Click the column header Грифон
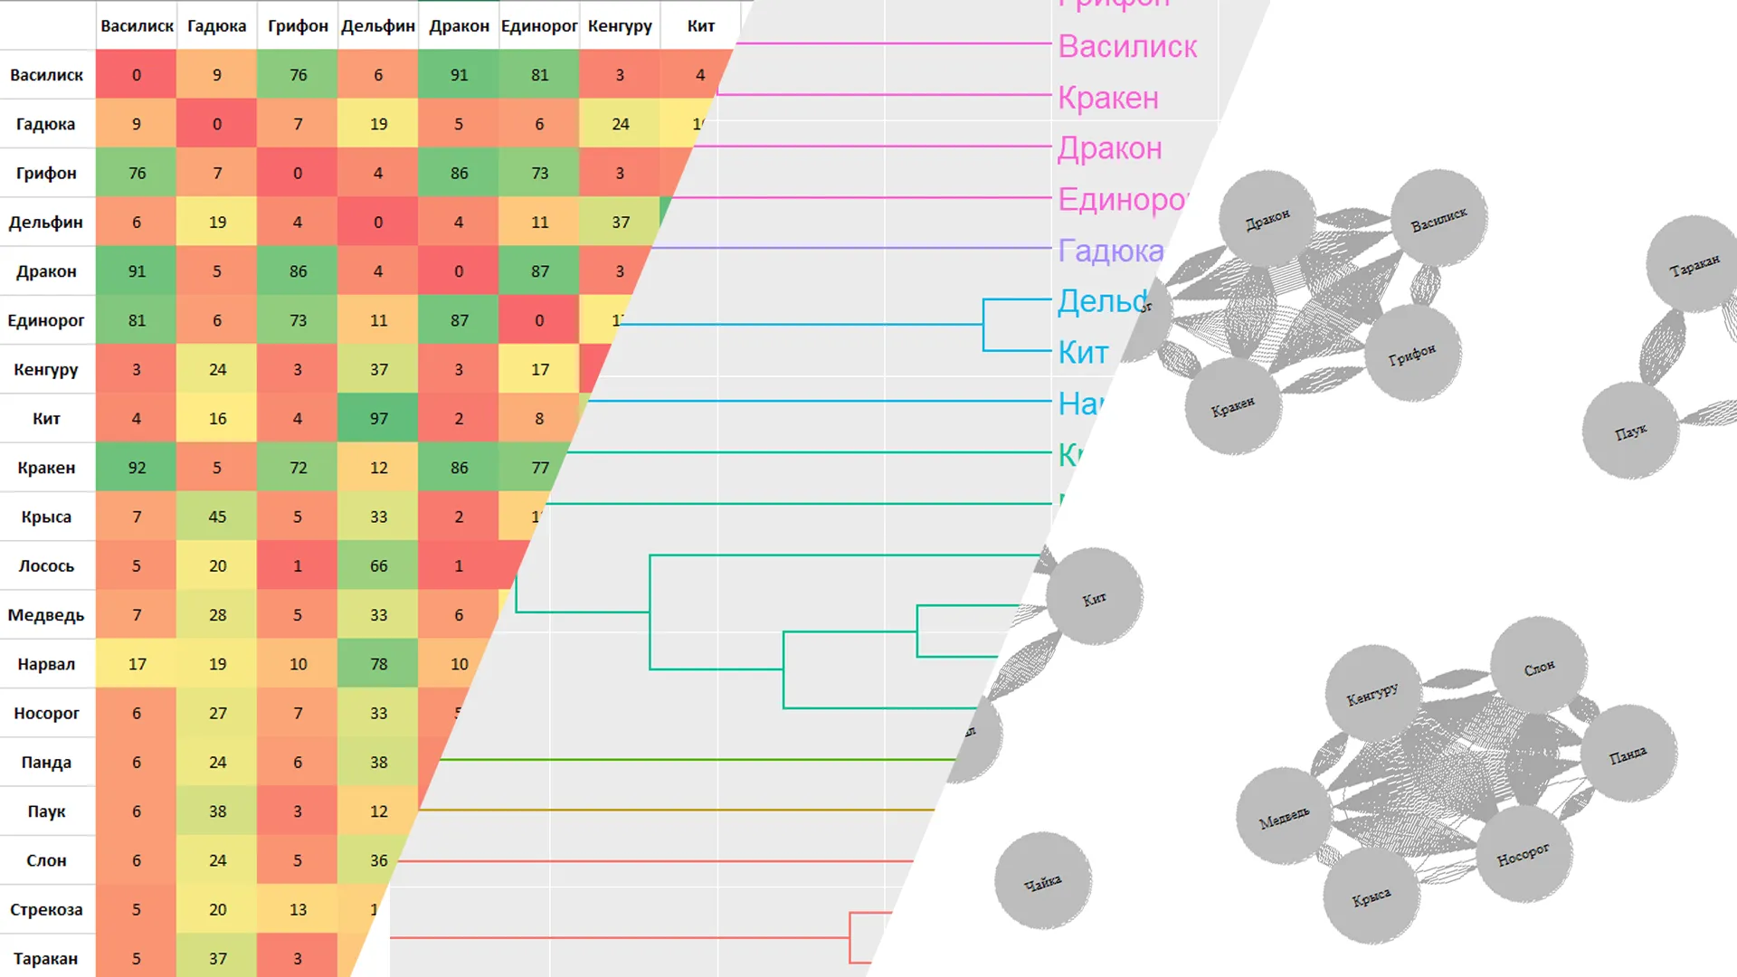(x=298, y=26)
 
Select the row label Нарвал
(x=46, y=664)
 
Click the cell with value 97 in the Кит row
(x=378, y=419)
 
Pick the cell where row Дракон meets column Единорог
(x=539, y=271)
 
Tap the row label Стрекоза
(x=46, y=910)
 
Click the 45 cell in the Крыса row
(x=217, y=517)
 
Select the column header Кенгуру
(x=620, y=26)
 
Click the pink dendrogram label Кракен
(x=1108, y=98)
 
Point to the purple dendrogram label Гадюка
(x=1111, y=251)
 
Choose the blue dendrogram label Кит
(x=1083, y=353)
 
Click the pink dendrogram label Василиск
(x=1127, y=46)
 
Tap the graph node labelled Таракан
(x=1694, y=264)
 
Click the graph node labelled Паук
(x=1630, y=431)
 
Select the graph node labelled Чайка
(x=1042, y=881)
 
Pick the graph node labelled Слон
(x=1538, y=666)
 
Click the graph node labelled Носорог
(x=1523, y=854)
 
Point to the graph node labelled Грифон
(x=1411, y=353)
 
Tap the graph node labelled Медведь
(x=1284, y=817)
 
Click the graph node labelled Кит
(x=1094, y=596)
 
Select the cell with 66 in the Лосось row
(x=378, y=566)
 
